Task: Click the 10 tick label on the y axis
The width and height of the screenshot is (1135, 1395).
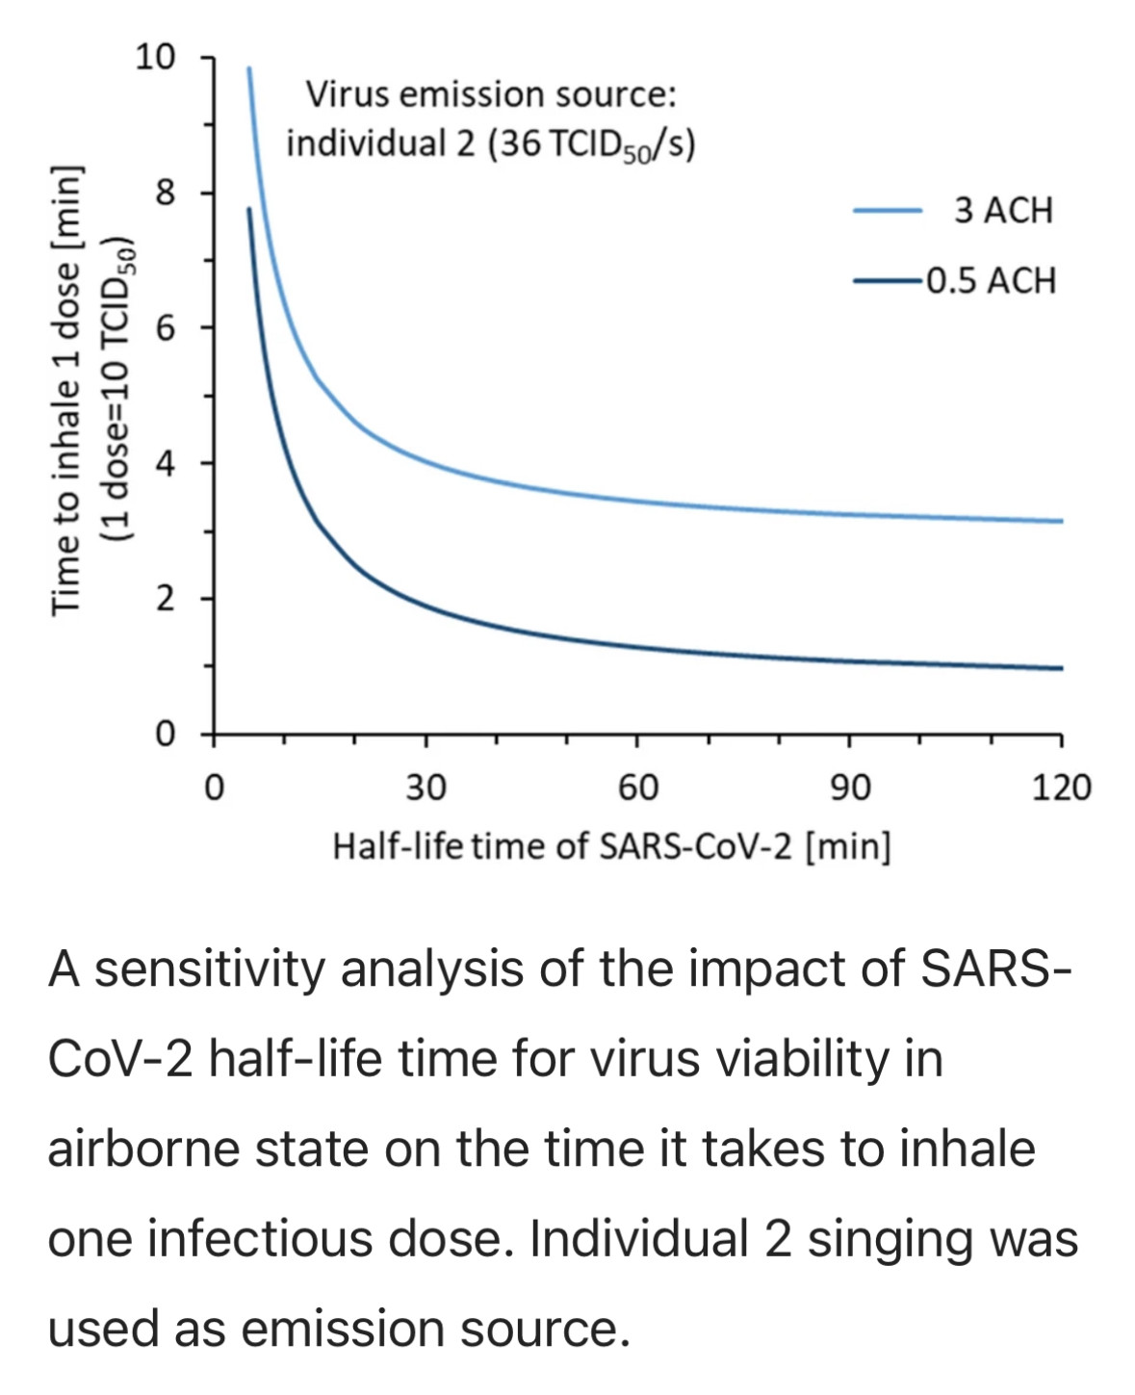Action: coord(156,58)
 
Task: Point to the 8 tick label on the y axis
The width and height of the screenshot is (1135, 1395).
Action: coord(166,194)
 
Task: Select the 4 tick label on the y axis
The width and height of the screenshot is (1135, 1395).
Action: coord(166,464)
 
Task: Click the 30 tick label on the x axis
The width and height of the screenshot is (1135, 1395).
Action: coord(426,788)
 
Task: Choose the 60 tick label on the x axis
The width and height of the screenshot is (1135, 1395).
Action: coord(637,788)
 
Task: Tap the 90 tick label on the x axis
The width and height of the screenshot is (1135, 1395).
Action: coord(849,788)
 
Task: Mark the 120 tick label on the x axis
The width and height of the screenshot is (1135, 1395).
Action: coord(1061,788)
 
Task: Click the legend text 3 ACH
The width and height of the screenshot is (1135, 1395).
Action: coord(1003,211)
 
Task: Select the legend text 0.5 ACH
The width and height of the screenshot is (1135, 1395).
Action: coord(991,281)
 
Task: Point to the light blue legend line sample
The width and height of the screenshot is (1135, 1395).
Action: coord(888,210)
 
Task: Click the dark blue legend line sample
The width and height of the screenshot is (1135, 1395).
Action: coord(888,281)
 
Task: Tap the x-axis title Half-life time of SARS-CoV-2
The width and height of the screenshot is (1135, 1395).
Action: coord(611,846)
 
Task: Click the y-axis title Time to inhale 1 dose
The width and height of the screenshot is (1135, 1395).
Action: coord(65,389)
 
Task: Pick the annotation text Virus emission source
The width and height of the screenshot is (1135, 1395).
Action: coord(491,94)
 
